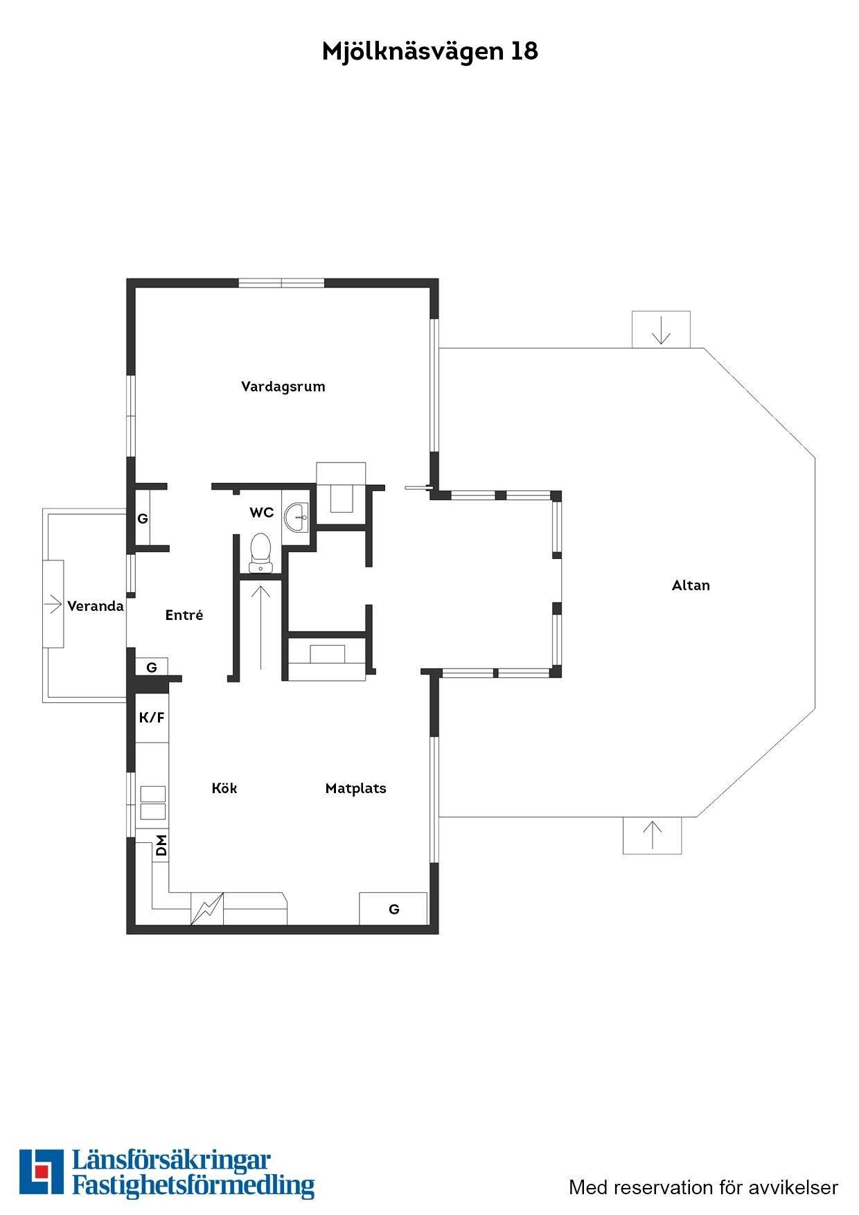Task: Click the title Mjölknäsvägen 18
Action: tap(429, 52)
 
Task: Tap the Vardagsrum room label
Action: tap(283, 387)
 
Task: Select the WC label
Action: tap(262, 513)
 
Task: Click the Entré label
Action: tap(184, 615)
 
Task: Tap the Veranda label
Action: tap(96, 606)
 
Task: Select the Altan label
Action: tap(691, 585)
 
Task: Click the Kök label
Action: tap(224, 788)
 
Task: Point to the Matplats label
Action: tap(355, 788)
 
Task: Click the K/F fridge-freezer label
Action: tap(152, 718)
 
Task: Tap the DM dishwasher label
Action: tap(161, 846)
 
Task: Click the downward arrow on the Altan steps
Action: tap(662, 330)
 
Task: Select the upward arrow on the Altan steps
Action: tap(653, 835)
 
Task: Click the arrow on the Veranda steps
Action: tap(53, 605)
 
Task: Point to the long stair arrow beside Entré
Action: tap(260, 628)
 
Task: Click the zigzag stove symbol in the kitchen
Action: tap(208, 908)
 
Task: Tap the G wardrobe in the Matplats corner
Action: tap(393, 909)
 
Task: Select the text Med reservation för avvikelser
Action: tap(703, 1187)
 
